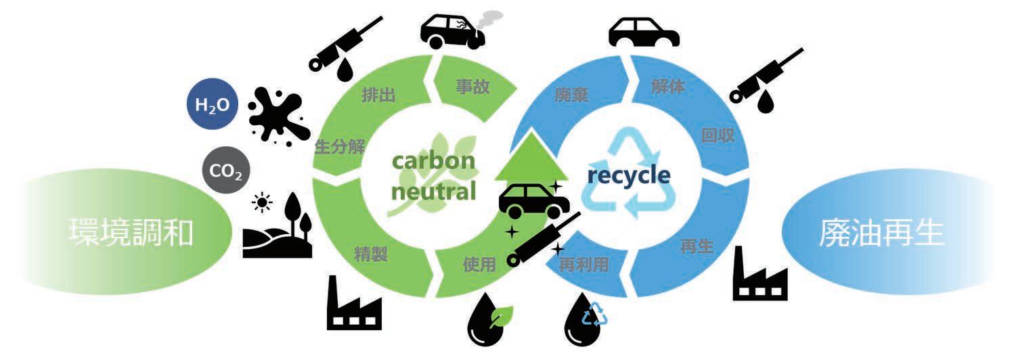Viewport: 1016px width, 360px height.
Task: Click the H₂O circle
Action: coord(213,106)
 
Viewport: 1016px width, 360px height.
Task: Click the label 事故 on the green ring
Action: coord(473,86)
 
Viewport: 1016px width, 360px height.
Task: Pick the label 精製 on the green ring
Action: coord(370,254)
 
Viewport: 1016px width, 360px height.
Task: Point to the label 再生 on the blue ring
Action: coord(697,246)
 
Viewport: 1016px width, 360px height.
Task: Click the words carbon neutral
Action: coord(434,177)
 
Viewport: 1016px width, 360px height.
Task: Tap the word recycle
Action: coord(629,176)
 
